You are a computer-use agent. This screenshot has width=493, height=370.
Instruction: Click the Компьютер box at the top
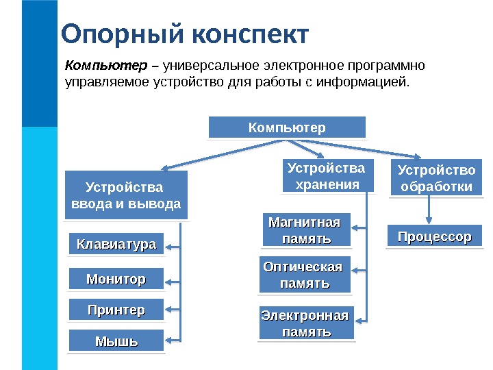click(x=287, y=127)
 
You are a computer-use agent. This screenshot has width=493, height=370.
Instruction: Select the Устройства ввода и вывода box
click(x=126, y=195)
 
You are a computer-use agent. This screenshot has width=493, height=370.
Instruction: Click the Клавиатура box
click(x=116, y=243)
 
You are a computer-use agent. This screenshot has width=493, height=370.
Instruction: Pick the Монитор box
click(x=116, y=279)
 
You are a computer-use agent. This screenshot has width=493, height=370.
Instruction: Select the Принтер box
click(x=116, y=310)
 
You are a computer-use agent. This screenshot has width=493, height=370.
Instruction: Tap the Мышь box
click(x=116, y=341)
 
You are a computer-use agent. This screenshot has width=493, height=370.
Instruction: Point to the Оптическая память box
click(x=305, y=274)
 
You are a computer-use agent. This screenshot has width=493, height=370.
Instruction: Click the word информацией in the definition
click(x=370, y=84)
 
